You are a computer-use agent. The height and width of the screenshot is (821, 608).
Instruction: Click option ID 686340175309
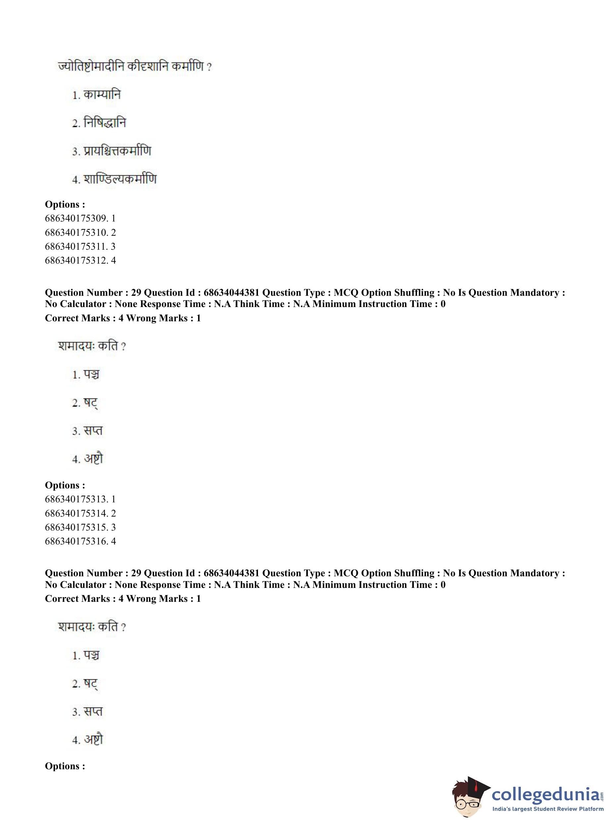[80, 218]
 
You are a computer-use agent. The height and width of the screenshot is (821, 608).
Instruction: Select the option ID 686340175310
[80, 232]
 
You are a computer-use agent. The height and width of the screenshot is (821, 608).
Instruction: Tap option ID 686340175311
[80, 246]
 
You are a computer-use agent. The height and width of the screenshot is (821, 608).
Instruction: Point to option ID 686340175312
[80, 261]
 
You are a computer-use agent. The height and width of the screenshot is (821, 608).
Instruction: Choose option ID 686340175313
[80, 499]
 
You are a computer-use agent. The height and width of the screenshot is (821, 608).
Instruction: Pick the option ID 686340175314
[80, 513]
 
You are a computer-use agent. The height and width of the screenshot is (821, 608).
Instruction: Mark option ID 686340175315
[80, 527]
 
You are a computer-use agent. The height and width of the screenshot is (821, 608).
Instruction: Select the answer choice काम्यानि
[102, 95]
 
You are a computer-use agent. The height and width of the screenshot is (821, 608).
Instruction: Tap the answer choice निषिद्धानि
[105, 123]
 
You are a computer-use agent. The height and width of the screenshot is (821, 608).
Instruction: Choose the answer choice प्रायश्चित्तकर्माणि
[117, 151]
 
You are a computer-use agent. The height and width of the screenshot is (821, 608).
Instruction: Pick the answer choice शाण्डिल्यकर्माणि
[120, 179]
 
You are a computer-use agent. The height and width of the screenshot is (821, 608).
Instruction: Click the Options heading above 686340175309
[65, 204]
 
